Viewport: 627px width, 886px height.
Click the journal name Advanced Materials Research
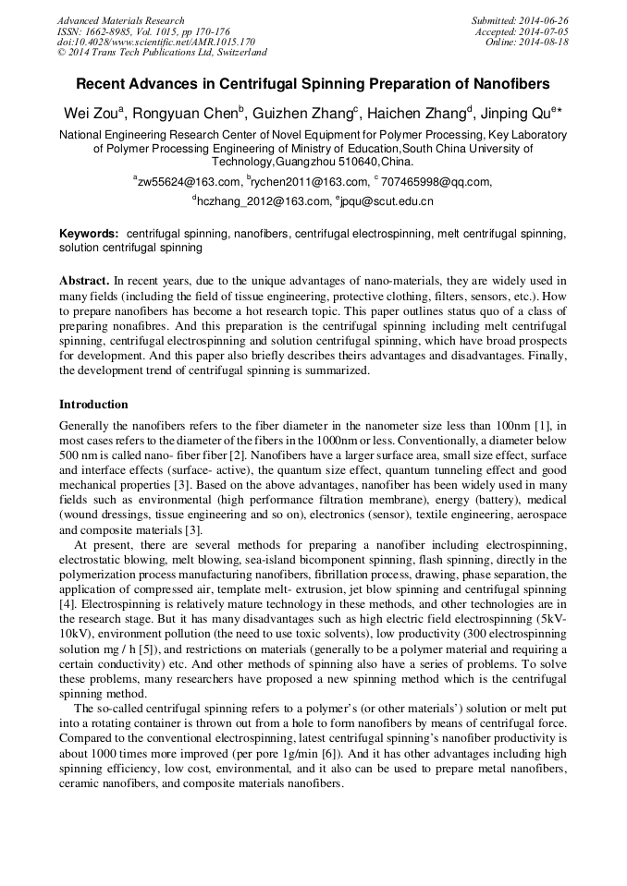(121, 20)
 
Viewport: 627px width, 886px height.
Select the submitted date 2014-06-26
(547, 20)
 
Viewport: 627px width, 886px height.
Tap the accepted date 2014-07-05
(547, 31)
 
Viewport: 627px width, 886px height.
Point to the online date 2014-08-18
(547, 42)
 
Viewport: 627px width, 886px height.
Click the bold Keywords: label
(89, 235)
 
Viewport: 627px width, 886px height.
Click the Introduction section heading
(93, 405)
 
